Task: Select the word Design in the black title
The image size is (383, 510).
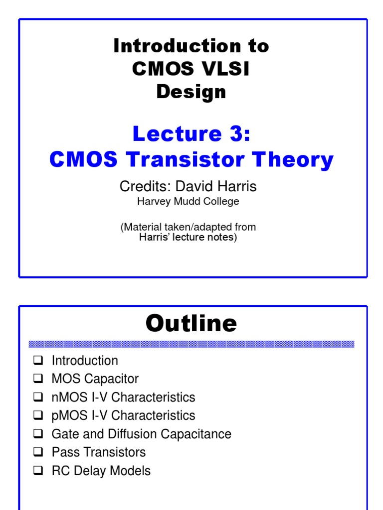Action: click(x=191, y=92)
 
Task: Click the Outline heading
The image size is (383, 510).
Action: click(x=191, y=324)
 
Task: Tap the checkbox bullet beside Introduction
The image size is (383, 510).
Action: click(x=38, y=360)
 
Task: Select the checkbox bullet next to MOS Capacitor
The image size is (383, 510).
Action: click(x=38, y=379)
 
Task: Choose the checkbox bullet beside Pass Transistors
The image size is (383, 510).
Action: click(x=38, y=452)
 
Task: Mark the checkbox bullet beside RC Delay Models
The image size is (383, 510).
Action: click(x=38, y=471)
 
